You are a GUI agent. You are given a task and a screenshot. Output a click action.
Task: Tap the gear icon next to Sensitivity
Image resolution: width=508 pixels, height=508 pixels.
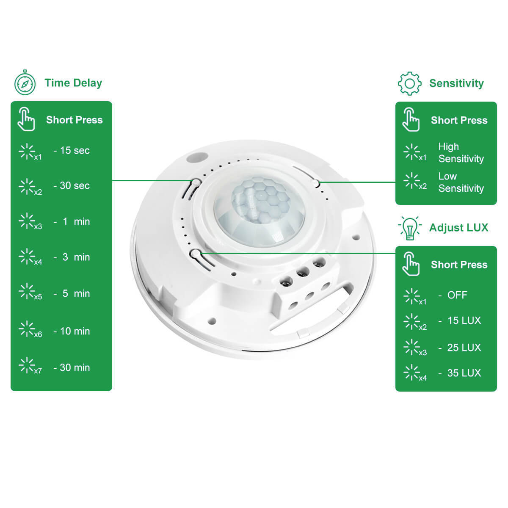pyautogui.click(x=409, y=83)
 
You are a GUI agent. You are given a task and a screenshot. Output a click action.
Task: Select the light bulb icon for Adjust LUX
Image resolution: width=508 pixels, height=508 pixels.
pyautogui.click(x=410, y=228)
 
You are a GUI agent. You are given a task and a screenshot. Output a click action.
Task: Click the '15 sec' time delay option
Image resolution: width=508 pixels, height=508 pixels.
pyautogui.click(x=75, y=151)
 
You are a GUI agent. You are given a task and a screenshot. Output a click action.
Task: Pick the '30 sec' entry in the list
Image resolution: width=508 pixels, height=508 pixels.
pyautogui.click(x=75, y=185)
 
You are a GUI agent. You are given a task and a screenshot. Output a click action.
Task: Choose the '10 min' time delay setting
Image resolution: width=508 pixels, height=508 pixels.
pyautogui.click(x=75, y=331)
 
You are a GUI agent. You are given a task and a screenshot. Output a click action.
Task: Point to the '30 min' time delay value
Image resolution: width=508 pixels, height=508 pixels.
pyautogui.click(x=75, y=367)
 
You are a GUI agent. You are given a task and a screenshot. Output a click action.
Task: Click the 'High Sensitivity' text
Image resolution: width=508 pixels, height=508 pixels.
pyautogui.click(x=461, y=153)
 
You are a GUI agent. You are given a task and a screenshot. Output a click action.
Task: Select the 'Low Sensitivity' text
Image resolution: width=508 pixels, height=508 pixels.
pyautogui.click(x=461, y=182)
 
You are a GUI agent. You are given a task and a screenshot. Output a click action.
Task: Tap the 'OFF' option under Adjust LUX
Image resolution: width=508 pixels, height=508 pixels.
pyautogui.click(x=457, y=295)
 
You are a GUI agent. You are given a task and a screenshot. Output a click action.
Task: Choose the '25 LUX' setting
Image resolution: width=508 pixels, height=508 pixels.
pyautogui.click(x=464, y=348)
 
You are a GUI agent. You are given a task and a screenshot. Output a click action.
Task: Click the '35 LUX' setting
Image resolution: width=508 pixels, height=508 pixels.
pyautogui.click(x=464, y=373)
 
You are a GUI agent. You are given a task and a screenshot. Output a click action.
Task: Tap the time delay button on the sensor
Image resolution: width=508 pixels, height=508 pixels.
pyautogui.click(x=196, y=182)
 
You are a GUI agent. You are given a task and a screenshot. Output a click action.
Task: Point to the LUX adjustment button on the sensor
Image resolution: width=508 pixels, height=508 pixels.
pyautogui.click(x=196, y=254)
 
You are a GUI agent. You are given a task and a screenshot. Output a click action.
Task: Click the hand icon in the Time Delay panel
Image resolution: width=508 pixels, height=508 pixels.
pyautogui.click(x=26, y=119)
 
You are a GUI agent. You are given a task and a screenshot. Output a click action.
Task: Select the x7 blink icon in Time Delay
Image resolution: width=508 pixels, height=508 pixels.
pyautogui.click(x=30, y=366)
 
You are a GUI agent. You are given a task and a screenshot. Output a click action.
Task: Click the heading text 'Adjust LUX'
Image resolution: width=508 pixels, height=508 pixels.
pyautogui.click(x=459, y=228)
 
